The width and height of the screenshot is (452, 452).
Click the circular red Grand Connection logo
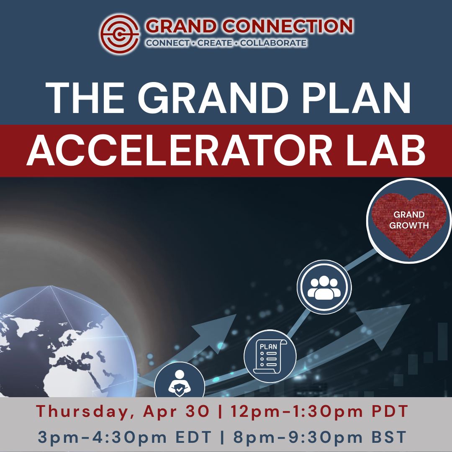120,34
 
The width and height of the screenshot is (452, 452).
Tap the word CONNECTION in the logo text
288,26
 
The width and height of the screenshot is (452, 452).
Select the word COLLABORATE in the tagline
273,43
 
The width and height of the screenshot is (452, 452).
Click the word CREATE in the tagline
215,43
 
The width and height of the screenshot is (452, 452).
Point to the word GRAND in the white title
213,98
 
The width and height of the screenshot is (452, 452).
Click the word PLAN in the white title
356,98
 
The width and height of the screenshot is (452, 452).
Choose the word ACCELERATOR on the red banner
179,150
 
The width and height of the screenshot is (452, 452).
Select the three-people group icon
324,288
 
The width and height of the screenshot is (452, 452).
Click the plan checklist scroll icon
270,356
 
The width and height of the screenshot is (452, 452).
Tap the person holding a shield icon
179,383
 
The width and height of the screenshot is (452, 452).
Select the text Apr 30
176,411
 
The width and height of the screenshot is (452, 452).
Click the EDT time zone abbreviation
194,437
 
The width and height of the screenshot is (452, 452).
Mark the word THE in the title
85,98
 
